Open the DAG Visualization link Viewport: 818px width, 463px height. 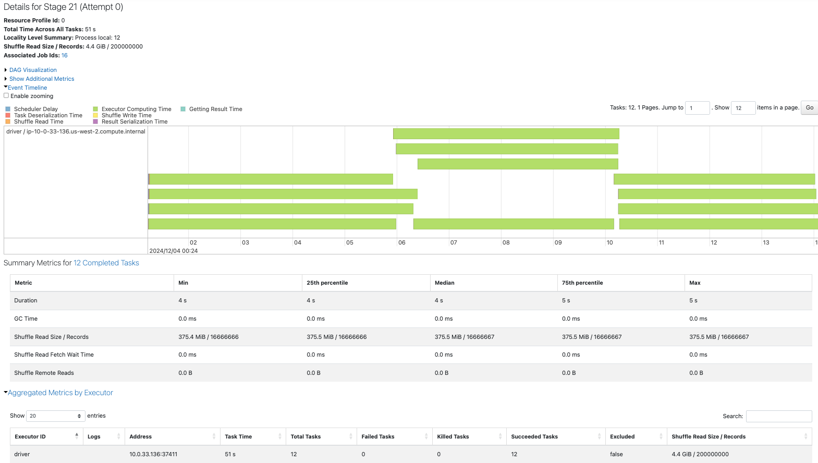(33, 70)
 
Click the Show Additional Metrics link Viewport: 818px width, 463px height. (42, 79)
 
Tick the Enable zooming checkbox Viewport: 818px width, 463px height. (6, 95)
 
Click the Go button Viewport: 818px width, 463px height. (809, 107)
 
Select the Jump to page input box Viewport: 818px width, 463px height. (697, 108)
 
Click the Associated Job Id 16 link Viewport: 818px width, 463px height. (64, 55)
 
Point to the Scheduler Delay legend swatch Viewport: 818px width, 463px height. (8, 109)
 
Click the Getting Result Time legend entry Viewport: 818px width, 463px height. (215, 109)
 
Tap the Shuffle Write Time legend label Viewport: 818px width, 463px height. (126, 115)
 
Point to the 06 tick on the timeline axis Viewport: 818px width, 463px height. (401, 242)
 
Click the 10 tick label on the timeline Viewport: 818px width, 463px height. (609, 242)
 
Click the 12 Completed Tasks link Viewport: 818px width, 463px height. (106, 263)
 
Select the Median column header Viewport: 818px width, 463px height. (445, 283)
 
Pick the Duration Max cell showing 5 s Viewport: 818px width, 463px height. (693, 300)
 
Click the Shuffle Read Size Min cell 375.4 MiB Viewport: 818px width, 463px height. (209, 337)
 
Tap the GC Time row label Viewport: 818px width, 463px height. (26, 319)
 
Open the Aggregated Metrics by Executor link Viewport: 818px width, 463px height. (60, 393)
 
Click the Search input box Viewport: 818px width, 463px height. (778, 416)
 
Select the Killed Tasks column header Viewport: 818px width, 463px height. (453, 436)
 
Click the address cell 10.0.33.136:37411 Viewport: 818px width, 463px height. (153, 454)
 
